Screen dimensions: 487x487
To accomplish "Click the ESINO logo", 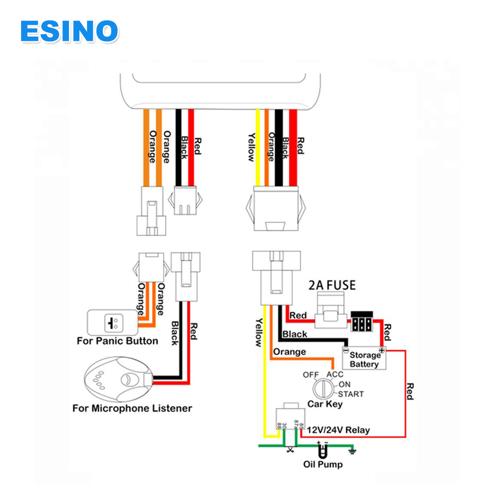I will pyautogui.click(x=69, y=31).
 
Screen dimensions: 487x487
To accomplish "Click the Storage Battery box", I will pyautogui.click(x=364, y=360).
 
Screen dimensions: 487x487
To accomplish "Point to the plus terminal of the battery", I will pyautogui.click(x=381, y=350).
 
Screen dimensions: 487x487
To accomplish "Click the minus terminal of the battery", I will pyautogui.click(x=346, y=350).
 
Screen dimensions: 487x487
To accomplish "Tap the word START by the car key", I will pyautogui.click(x=351, y=394).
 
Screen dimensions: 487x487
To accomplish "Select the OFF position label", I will pyautogui.click(x=311, y=375).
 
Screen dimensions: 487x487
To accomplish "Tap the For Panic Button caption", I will pyautogui.click(x=117, y=341).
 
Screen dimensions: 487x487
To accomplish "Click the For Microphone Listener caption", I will pyautogui.click(x=132, y=408).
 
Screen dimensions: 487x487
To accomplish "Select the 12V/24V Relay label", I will pyautogui.click(x=338, y=430).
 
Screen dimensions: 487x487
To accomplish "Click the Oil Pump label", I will pyautogui.click(x=323, y=464).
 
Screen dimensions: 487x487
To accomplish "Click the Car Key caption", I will pyautogui.click(x=324, y=405).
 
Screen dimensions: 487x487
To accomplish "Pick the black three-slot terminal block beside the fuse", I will pyautogui.click(x=361, y=323).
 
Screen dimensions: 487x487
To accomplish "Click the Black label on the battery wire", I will pyautogui.click(x=294, y=334).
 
